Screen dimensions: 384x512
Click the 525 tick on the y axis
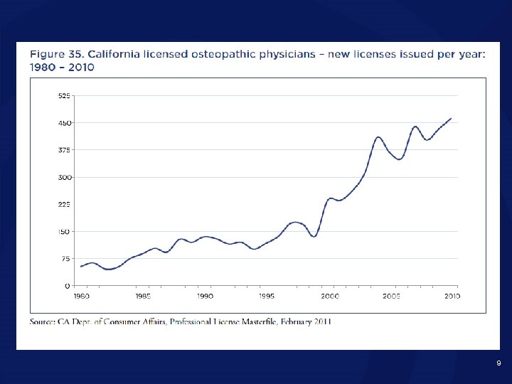[x=65, y=95]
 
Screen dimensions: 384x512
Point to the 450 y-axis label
[x=65, y=122]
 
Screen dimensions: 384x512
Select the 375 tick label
[x=65, y=149]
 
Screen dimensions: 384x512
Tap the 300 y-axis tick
[x=65, y=177]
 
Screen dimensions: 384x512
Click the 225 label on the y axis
[x=65, y=204]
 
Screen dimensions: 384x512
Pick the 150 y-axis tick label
[x=65, y=231]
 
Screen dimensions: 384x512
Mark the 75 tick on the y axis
[x=66, y=259]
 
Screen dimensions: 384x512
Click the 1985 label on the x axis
[x=143, y=295]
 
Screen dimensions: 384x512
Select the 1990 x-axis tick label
[x=205, y=295]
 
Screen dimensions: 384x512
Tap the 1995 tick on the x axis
[x=267, y=295]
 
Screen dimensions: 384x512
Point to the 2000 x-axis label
[x=329, y=295]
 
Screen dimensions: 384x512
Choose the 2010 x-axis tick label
[x=452, y=295]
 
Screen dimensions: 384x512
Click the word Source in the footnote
[x=44, y=321]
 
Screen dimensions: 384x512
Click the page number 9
[x=498, y=363]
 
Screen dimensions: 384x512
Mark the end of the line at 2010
[x=451, y=119]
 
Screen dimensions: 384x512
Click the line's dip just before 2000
[x=314, y=236]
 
